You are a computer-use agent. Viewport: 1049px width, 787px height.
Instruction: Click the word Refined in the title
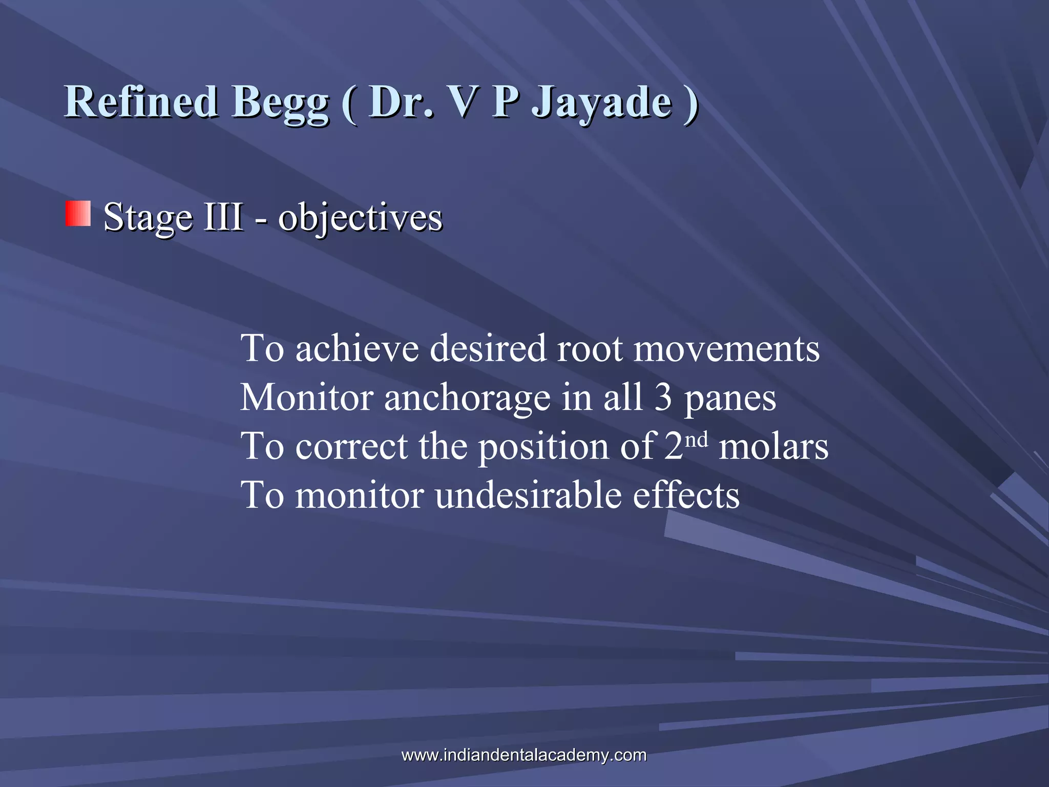click(x=141, y=101)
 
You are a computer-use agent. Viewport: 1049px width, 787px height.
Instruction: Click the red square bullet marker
click(x=78, y=214)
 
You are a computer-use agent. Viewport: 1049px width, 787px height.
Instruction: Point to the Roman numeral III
click(x=224, y=217)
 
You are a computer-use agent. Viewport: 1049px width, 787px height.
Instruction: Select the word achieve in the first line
click(x=356, y=348)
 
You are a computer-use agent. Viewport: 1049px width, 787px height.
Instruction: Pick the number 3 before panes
click(x=663, y=398)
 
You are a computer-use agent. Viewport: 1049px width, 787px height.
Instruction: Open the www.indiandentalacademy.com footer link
click(x=524, y=755)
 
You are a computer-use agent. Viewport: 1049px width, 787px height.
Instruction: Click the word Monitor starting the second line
click(x=306, y=398)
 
